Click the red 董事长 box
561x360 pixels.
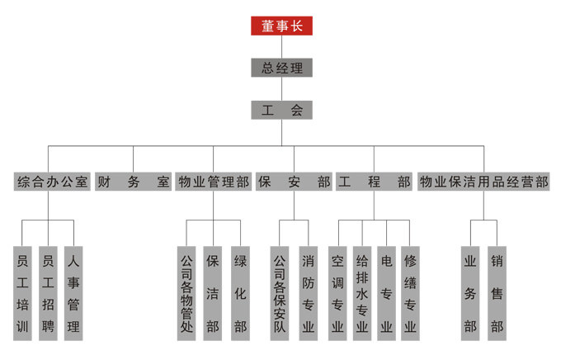tap(281, 26)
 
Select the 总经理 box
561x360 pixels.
tap(281, 68)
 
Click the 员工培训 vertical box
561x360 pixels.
tap(23, 293)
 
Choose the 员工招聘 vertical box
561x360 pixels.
tap(49, 293)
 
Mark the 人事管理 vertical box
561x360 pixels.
tap(74, 293)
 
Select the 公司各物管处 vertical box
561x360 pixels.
tap(186, 293)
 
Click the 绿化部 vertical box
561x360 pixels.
tap(240, 293)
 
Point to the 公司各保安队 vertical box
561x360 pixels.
tap(280, 293)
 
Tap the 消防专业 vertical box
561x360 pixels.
tap(308, 293)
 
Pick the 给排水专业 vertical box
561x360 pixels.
tap(361, 293)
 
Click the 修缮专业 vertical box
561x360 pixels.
tap(410, 293)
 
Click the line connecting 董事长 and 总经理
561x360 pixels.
tap(281, 46)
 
